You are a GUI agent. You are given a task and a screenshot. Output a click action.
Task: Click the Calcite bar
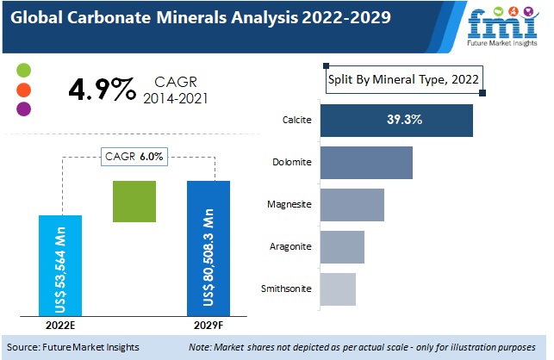(396, 121)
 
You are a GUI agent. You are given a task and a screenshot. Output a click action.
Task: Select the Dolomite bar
(366, 163)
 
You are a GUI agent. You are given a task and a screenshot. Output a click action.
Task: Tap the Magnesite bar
(352, 205)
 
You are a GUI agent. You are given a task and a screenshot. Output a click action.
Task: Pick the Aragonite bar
(342, 247)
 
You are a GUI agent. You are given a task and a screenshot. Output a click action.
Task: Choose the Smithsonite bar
(338, 289)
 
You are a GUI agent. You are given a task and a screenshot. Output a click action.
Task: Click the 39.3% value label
(404, 121)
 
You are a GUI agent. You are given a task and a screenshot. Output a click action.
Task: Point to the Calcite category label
(296, 121)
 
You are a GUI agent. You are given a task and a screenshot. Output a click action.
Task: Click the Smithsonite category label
(287, 289)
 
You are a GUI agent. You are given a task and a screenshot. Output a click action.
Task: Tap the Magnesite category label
(290, 205)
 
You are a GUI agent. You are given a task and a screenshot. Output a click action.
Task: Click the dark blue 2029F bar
(209, 248)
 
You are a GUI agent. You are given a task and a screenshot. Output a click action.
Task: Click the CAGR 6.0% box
(134, 157)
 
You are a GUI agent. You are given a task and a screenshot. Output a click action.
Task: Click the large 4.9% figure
(103, 89)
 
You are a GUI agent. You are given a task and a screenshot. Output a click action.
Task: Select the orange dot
(24, 90)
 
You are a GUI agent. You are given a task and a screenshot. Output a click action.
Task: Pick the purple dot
(24, 109)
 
